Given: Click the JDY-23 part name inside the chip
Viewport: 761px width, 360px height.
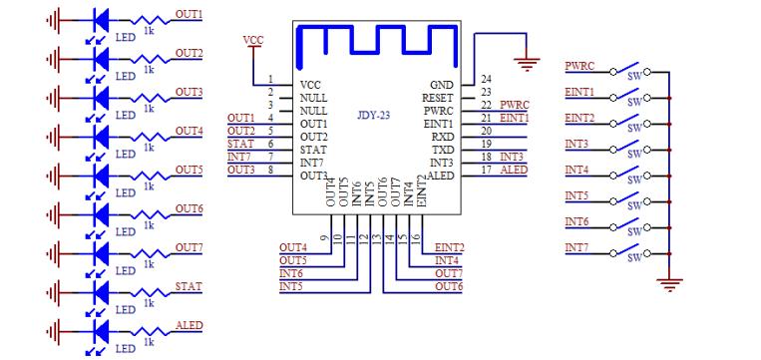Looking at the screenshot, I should click(373, 116).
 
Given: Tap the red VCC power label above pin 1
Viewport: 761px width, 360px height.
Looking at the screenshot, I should click(253, 40).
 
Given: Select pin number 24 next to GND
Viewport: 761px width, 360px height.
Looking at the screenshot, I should click(486, 79).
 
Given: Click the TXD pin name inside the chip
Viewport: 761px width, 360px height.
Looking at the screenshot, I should click(442, 150).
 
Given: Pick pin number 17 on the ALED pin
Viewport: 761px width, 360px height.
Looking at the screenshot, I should click(486, 170).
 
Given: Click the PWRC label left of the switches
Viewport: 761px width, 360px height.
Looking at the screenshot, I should click(579, 66).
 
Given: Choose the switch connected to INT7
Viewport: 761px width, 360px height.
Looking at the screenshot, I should click(630, 251).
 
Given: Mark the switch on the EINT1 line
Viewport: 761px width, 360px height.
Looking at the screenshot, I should click(630, 97).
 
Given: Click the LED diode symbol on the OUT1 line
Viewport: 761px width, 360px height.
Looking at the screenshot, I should click(100, 19).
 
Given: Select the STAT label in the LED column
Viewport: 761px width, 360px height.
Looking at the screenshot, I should click(189, 286).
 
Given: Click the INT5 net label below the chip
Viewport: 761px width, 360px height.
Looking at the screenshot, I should click(291, 286).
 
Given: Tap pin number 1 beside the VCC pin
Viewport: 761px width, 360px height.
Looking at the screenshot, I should click(270, 79).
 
